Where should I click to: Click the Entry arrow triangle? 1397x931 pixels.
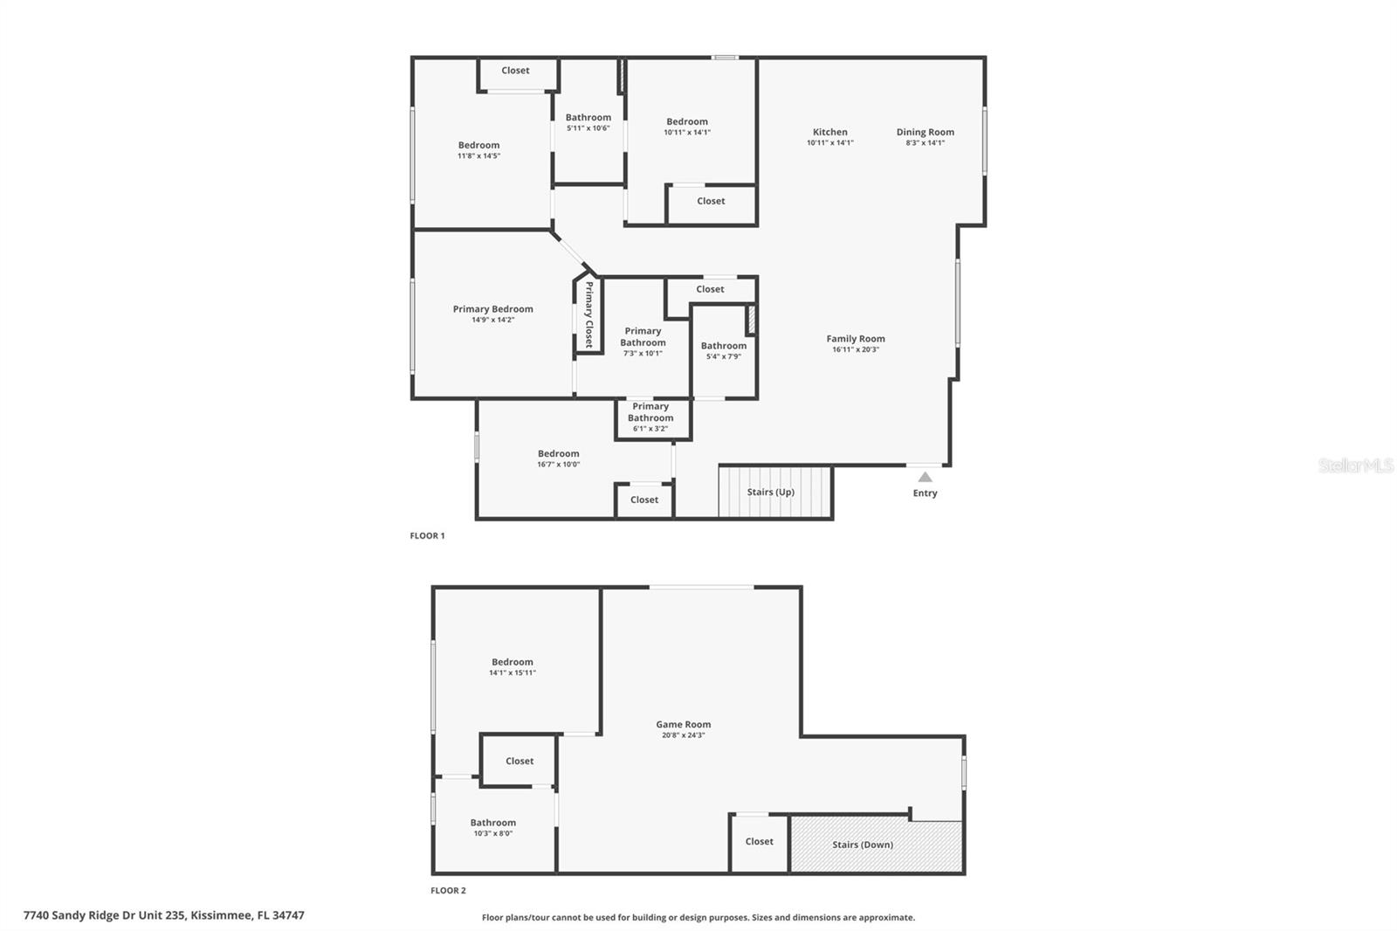point(925,477)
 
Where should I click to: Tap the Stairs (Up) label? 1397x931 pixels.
point(770,492)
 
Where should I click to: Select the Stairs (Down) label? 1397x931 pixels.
point(862,845)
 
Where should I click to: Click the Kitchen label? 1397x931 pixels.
point(829,132)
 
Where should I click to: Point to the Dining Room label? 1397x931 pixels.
point(925,132)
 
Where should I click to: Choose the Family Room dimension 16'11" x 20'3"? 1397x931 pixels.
point(855,349)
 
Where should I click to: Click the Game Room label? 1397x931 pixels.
point(683,724)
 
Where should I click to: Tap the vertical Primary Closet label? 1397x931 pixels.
point(589,314)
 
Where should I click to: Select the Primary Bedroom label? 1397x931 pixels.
point(492,308)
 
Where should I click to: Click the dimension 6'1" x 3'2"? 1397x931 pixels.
point(650,429)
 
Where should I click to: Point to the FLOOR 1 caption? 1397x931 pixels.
point(427,535)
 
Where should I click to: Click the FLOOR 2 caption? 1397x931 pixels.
point(448,890)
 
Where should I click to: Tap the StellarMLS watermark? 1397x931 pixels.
point(1355,465)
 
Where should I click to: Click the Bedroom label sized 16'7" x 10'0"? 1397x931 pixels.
point(558,453)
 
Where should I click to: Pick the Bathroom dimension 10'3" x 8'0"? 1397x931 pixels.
point(492,833)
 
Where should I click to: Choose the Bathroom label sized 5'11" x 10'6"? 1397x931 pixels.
point(588,117)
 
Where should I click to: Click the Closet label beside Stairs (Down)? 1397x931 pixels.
point(759,841)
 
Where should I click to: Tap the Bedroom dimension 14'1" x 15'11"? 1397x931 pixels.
point(512,672)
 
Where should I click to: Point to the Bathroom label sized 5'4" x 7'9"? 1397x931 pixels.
point(723,346)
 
